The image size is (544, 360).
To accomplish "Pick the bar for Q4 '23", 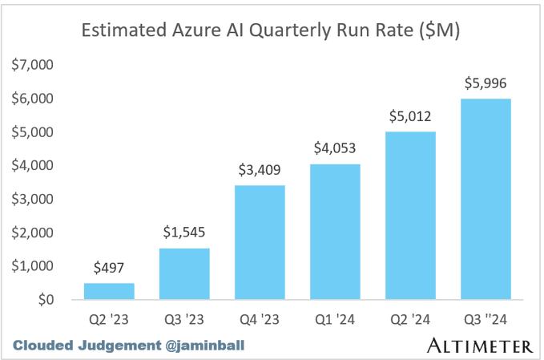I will [261, 242].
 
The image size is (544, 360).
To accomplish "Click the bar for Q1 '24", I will [336, 232].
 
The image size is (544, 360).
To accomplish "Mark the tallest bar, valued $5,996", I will [487, 199].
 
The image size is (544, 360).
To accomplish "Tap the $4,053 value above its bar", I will [336, 148].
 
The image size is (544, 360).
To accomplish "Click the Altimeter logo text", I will [479, 346].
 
